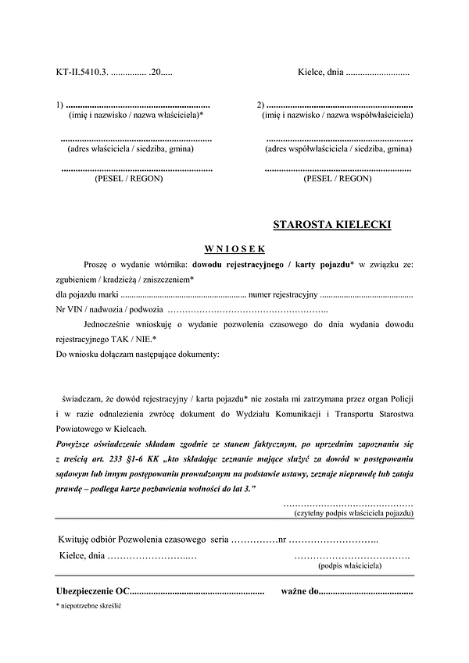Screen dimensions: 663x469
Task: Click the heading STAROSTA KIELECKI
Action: pyautogui.click(x=332, y=226)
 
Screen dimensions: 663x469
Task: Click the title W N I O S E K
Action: pyautogui.click(x=234, y=249)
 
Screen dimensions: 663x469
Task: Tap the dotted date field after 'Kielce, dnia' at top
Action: pyautogui.click(x=378, y=73)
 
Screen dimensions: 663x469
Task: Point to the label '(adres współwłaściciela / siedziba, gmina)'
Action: pyautogui.click(x=338, y=148)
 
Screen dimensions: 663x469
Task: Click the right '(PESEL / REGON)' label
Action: pyautogui.click(x=337, y=179)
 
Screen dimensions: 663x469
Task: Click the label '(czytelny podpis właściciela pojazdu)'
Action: pyautogui.click(x=353, y=513)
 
